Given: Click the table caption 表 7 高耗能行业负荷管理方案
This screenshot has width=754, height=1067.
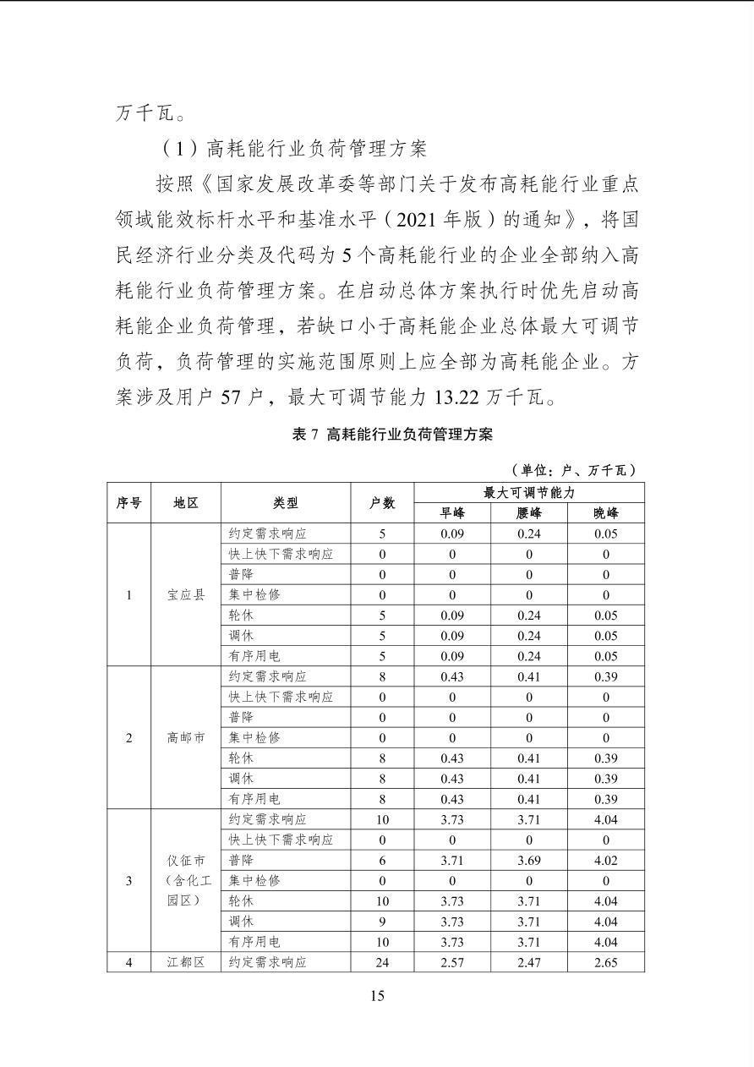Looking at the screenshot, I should (391, 435).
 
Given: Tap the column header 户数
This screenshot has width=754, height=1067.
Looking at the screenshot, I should (382, 503).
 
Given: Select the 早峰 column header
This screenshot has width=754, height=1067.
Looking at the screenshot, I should (452, 513).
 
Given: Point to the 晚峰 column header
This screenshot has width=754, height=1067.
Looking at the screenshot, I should (605, 513).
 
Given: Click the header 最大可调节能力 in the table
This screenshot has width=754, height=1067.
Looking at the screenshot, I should (529, 493).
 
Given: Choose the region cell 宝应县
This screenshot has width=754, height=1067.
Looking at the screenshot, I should (186, 595).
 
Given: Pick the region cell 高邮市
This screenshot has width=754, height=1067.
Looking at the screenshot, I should (186, 738).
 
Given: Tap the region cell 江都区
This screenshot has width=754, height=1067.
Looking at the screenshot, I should (186, 962).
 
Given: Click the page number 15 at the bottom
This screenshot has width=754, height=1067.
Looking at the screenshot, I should (377, 996).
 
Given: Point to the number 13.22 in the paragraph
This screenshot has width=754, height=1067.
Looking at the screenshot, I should (458, 397).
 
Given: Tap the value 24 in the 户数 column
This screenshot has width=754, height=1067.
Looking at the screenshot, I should (382, 962).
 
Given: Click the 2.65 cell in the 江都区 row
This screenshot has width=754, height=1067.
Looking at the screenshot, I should (605, 962).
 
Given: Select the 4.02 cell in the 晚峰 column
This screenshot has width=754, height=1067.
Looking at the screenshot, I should (605, 861).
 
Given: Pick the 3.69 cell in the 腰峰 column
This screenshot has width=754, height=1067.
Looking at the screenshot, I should (529, 861).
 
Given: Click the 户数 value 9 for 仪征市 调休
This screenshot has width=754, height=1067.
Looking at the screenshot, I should (382, 922).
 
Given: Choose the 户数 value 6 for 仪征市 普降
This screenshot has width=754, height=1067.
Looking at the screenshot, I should (382, 861).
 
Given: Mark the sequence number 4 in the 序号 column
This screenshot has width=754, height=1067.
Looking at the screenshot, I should (128, 962).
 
